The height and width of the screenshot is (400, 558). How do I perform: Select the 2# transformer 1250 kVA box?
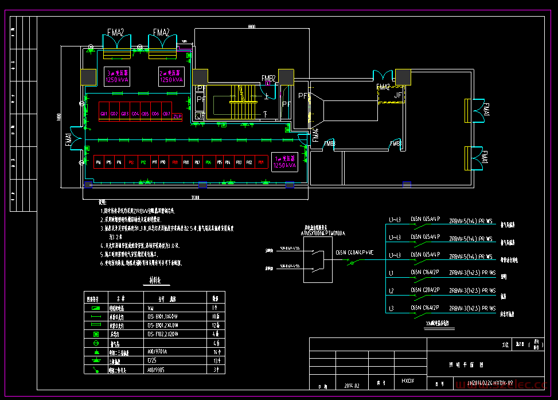[171, 77]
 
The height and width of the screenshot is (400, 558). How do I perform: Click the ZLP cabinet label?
[178, 116]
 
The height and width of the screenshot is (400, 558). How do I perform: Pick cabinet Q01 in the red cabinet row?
[104, 114]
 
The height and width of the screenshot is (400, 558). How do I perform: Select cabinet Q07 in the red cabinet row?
[166, 114]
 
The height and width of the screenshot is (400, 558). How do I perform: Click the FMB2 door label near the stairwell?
[269, 77]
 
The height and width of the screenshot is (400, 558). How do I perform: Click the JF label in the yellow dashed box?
[398, 95]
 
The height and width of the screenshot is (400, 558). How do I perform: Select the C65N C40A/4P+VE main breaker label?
[354, 252]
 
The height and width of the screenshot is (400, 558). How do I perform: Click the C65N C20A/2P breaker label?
[425, 290]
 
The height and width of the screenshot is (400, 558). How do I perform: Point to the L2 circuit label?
[391, 290]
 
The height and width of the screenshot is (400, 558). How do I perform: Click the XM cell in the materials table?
[150, 308]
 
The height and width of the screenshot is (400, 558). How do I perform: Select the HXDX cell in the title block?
[407, 380]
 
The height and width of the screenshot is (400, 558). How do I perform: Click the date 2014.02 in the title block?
[352, 385]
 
